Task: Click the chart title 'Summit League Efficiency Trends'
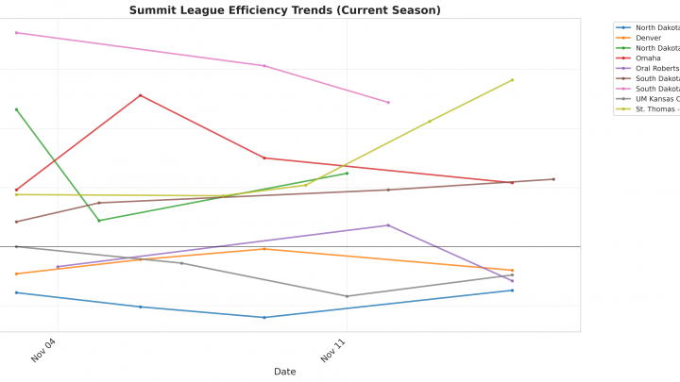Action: pyautogui.click(x=284, y=10)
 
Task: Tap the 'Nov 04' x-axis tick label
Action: pyautogui.click(x=45, y=351)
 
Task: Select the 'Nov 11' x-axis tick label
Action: pyautogui.click(x=334, y=351)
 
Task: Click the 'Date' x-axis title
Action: pyautogui.click(x=284, y=372)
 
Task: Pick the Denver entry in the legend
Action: pyautogui.click(x=648, y=38)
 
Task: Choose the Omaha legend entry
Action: pyautogui.click(x=648, y=58)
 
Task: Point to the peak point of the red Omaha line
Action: pyautogui.click(x=141, y=95)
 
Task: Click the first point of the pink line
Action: pyautogui.click(x=16, y=33)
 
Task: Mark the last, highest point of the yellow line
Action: pyautogui.click(x=513, y=80)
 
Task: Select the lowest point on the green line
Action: pyautogui.click(x=99, y=221)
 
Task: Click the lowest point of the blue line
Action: pyautogui.click(x=264, y=318)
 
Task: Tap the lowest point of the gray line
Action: pyautogui.click(x=347, y=296)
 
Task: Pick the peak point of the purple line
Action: pyautogui.click(x=388, y=225)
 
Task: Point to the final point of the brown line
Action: pyautogui.click(x=553, y=179)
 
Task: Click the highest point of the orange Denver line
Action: pyautogui.click(x=264, y=249)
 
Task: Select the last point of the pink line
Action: pyautogui.click(x=388, y=102)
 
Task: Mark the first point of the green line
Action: pyautogui.click(x=16, y=109)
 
